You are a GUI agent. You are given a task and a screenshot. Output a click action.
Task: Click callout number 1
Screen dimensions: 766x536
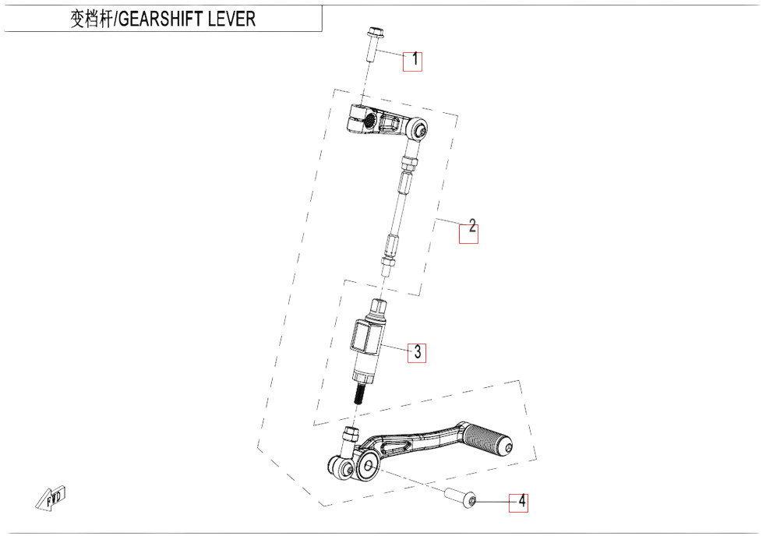coord(415,59)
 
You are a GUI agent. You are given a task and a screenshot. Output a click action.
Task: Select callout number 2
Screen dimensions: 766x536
coord(472,225)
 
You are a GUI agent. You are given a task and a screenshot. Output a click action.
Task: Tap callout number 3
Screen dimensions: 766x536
coord(418,352)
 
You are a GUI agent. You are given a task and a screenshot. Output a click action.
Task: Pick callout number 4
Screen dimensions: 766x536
coord(522,501)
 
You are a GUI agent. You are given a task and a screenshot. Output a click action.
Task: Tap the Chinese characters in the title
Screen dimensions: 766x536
coord(91,19)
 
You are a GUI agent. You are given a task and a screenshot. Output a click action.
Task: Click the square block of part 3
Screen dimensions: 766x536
coord(365,337)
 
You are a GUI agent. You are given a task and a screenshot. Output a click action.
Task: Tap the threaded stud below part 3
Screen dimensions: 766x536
coord(359,393)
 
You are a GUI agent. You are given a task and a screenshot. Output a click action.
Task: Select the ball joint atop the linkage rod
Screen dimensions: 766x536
coord(418,129)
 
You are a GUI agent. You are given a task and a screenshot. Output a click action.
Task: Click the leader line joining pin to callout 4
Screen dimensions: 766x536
coord(494,501)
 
